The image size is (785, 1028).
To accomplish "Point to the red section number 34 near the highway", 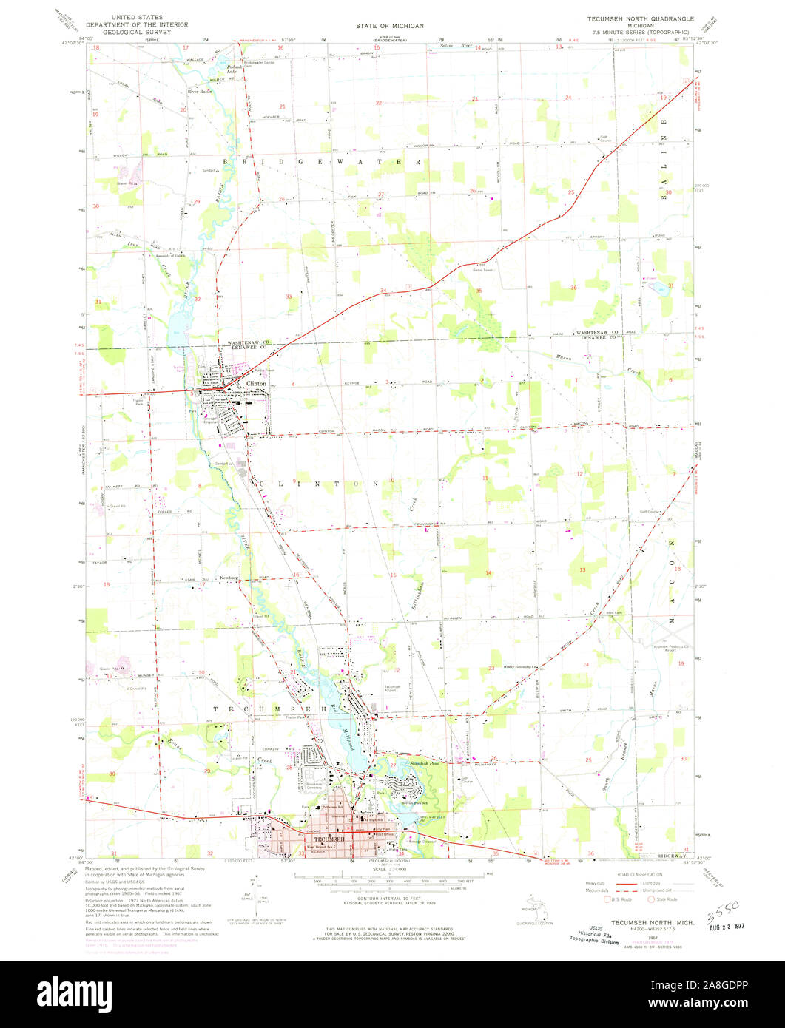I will pyautogui.click(x=383, y=290).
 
